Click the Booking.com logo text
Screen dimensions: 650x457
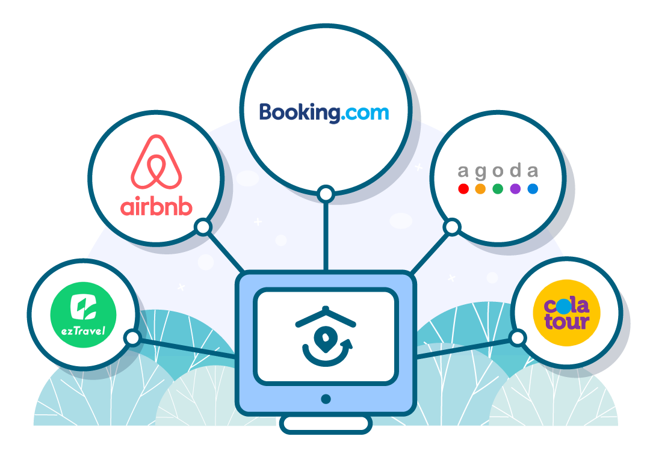[324, 112]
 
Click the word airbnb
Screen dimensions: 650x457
[156, 207]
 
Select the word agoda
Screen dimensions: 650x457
[498, 171]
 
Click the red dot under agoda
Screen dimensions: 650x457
[463, 189]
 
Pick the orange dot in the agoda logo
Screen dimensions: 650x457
[480, 189]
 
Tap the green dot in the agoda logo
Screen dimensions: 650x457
[498, 189]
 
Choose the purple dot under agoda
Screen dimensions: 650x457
[515, 189]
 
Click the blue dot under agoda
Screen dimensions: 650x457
[533, 189]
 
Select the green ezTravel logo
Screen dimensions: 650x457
[83, 315]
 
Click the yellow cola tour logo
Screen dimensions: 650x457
[567, 313]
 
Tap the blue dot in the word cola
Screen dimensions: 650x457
[564, 307]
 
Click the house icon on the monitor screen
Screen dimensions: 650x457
[326, 336]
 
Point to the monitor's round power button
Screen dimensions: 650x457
[326, 399]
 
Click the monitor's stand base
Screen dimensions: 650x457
[326, 424]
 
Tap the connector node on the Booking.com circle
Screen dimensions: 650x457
[326, 194]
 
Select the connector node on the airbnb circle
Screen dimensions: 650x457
[203, 227]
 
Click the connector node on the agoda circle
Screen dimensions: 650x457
[452, 227]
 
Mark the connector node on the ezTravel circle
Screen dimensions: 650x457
[132, 338]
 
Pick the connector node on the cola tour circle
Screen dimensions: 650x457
[518, 338]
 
